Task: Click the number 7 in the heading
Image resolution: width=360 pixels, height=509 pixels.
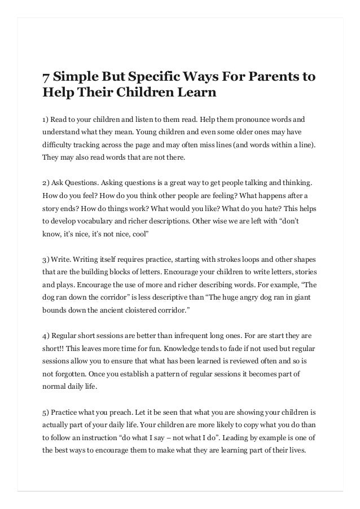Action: tap(48, 76)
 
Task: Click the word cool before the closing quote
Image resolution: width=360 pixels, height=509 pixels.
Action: tap(139, 234)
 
